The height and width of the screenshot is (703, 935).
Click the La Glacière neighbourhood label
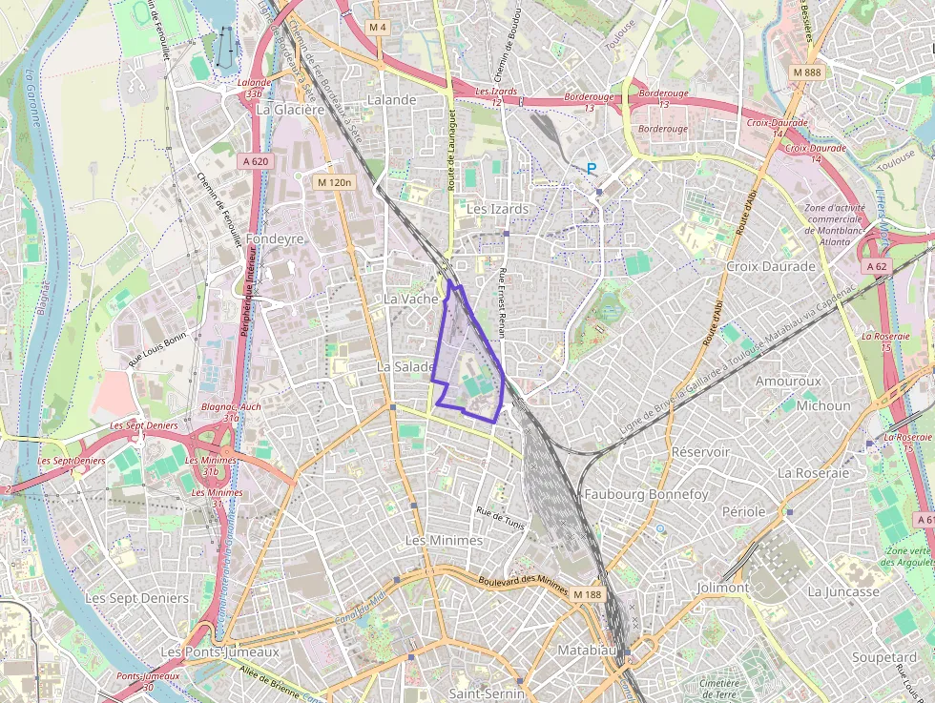(x=290, y=109)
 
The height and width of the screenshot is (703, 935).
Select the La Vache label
(x=410, y=299)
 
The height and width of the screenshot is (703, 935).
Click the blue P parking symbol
(x=591, y=169)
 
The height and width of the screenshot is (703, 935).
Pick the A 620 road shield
(x=256, y=161)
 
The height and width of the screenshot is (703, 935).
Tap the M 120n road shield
(x=334, y=181)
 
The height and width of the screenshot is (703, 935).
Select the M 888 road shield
(x=805, y=72)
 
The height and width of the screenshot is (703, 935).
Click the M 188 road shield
(x=588, y=594)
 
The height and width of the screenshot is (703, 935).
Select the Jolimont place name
(x=722, y=588)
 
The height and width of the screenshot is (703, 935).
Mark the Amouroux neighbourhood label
(x=787, y=381)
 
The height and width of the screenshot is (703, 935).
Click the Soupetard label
(x=884, y=657)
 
